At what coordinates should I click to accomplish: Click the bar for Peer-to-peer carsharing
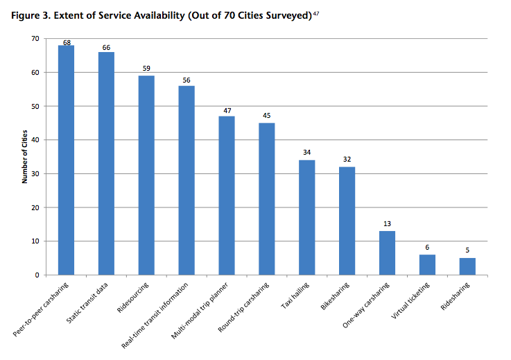click(x=66, y=160)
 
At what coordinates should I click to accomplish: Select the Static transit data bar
click(x=106, y=164)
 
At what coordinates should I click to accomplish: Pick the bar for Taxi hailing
click(x=306, y=218)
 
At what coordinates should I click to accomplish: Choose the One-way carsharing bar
click(x=387, y=253)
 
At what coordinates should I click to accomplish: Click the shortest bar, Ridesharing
click(x=467, y=267)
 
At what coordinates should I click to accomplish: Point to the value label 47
click(x=227, y=110)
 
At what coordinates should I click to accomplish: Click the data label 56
click(x=187, y=80)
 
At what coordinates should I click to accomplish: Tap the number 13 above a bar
click(x=387, y=225)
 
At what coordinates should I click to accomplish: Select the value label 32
click(x=347, y=160)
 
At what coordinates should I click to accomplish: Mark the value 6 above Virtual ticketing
click(x=427, y=248)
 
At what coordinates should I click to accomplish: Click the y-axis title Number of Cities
click(x=24, y=157)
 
